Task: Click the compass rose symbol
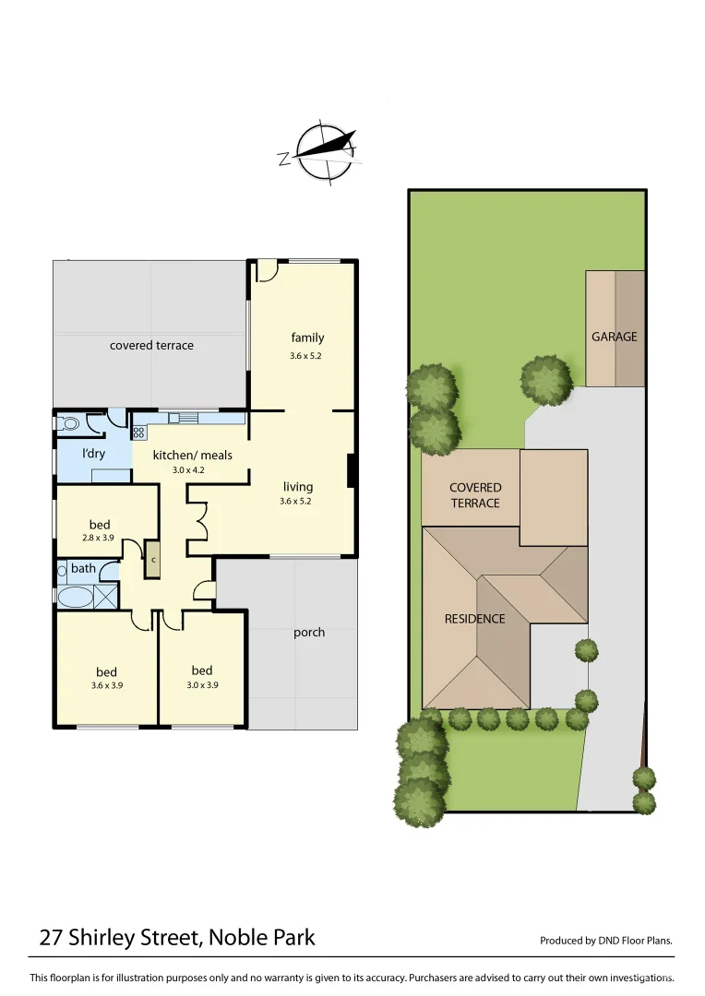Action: pyautogui.click(x=322, y=151)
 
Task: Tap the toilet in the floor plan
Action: pyautogui.click(x=67, y=425)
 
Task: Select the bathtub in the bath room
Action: pyautogui.click(x=75, y=598)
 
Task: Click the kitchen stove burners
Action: pyautogui.click(x=139, y=431)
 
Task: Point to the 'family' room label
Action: pyautogui.click(x=307, y=338)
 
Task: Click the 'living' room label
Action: pyautogui.click(x=298, y=486)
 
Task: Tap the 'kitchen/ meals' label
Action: pyautogui.click(x=192, y=455)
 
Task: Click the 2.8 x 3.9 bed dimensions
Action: pyautogui.click(x=100, y=537)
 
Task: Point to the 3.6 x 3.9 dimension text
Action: pyautogui.click(x=107, y=685)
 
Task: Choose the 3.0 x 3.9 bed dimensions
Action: pyautogui.click(x=202, y=685)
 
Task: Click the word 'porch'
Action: pyautogui.click(x=309, y=633)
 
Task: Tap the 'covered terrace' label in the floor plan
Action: pyautogui.click(x=151, y=345)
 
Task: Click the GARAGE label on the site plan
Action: pyautogui.click(x=615, y=337)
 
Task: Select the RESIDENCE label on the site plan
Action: pyautogui.click(x=474, y=619)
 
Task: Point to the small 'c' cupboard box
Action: pyautogui.click(x=153, y=559)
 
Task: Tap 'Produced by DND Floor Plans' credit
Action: pyautogui.click(x=605, y=941)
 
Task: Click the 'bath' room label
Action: pyautogui.click(x=83, y=568)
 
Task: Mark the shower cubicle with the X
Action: pyautogui.click(x=107, y=596)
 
